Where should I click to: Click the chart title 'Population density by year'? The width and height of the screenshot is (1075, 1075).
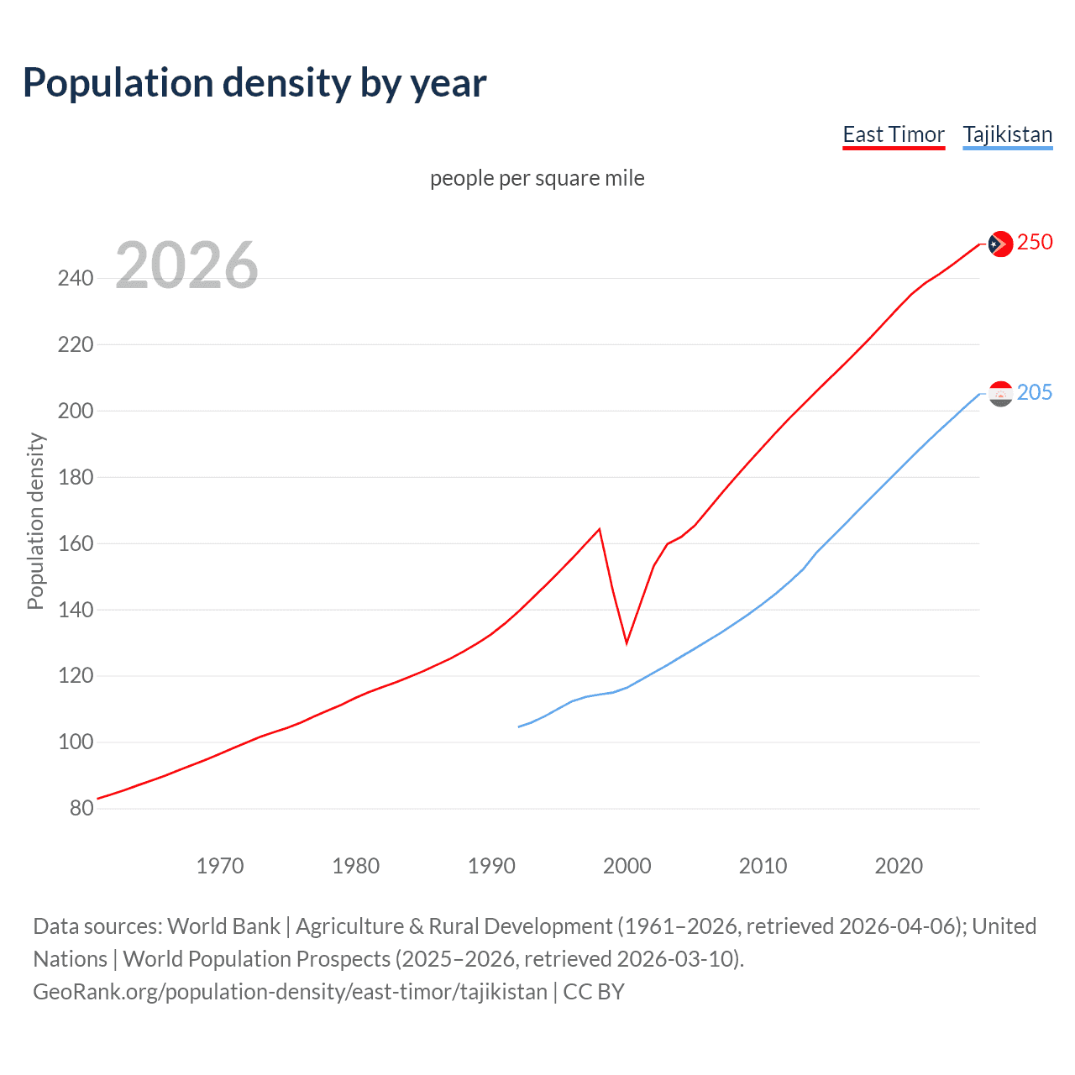click(254, 83)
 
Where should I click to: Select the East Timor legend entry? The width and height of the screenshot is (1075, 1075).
click(894, 134)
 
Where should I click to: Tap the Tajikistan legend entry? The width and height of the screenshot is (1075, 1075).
click(1007, 134)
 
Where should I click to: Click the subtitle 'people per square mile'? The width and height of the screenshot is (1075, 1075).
click(537, 178)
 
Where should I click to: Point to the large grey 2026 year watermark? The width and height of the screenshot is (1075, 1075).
click(186, 265)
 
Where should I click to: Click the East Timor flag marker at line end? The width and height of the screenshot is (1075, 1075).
click(999, 244)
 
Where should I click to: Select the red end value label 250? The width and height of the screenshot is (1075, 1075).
click(1035, 242)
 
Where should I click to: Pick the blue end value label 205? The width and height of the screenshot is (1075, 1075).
click(1035, 392)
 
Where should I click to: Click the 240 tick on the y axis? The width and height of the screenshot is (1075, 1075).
click(76, 278)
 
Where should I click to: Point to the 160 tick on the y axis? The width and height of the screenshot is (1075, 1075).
click(76, 543)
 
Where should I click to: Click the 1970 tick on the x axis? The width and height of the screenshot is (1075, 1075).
click(220, 866)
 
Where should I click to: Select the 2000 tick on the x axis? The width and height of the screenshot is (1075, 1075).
click(627, 866)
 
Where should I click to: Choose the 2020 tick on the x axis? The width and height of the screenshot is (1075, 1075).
click(899, 866)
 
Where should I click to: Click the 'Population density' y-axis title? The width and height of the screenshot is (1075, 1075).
click(35, 521)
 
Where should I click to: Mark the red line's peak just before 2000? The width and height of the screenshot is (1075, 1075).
click(599, 529)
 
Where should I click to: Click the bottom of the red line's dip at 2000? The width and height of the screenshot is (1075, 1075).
click(627, 643)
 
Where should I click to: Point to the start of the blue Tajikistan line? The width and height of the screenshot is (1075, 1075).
click(519, 726)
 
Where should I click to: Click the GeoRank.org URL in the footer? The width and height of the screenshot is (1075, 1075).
click(290, 992)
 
